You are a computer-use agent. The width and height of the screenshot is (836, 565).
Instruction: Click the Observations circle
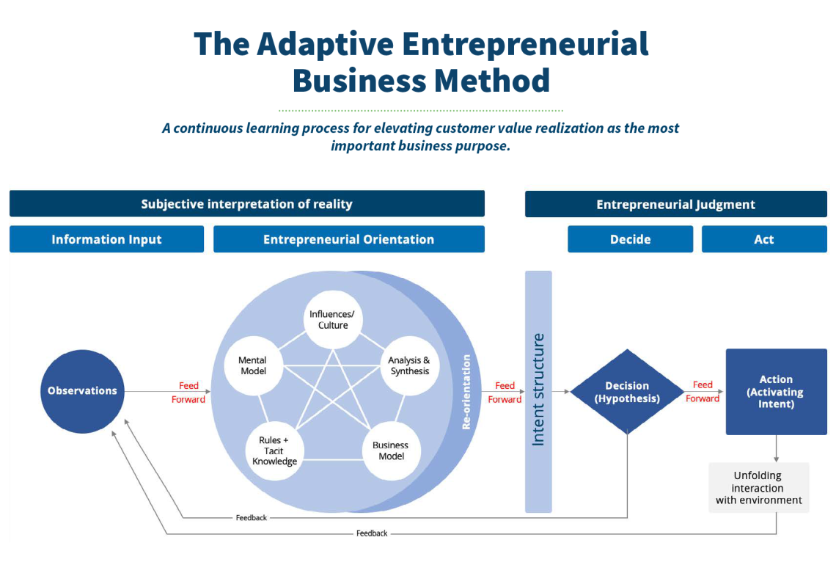click(83, 391)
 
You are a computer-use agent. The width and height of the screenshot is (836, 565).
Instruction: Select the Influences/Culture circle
click(333, 320)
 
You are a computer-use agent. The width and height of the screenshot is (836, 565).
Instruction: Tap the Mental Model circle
click(253, 365)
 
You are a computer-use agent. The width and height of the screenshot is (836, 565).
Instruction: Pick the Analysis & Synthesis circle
click(409, 365)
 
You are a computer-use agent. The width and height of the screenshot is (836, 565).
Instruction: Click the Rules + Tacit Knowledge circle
click(274, 451)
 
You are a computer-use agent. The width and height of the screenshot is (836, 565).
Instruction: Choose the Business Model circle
click(392, 451)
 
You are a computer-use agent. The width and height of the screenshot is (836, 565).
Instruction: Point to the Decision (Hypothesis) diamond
click(627, 392)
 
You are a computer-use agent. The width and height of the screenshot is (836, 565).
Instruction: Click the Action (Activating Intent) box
click(777, 392)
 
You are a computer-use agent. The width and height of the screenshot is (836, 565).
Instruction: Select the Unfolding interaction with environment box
click(759, 488)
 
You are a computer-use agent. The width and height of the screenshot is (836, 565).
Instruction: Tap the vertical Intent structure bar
click(538, 392)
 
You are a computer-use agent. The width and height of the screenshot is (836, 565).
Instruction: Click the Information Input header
click(106, 239)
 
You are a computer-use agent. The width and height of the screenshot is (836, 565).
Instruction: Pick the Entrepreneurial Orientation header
click(348, 239)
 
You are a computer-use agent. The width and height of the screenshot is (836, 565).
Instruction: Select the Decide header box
click(630, 239)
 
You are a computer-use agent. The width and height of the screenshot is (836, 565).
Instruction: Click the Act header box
click(764, 239)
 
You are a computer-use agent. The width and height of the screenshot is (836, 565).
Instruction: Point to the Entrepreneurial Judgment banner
click(676, 204)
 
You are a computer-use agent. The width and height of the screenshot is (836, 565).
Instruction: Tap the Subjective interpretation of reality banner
click(247, 204)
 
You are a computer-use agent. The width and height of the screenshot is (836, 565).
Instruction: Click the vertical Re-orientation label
click(466, 392)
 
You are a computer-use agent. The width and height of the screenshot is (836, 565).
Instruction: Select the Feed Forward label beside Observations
click(188, 392)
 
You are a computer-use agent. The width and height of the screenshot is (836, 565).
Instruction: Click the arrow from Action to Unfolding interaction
click(777, 448)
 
